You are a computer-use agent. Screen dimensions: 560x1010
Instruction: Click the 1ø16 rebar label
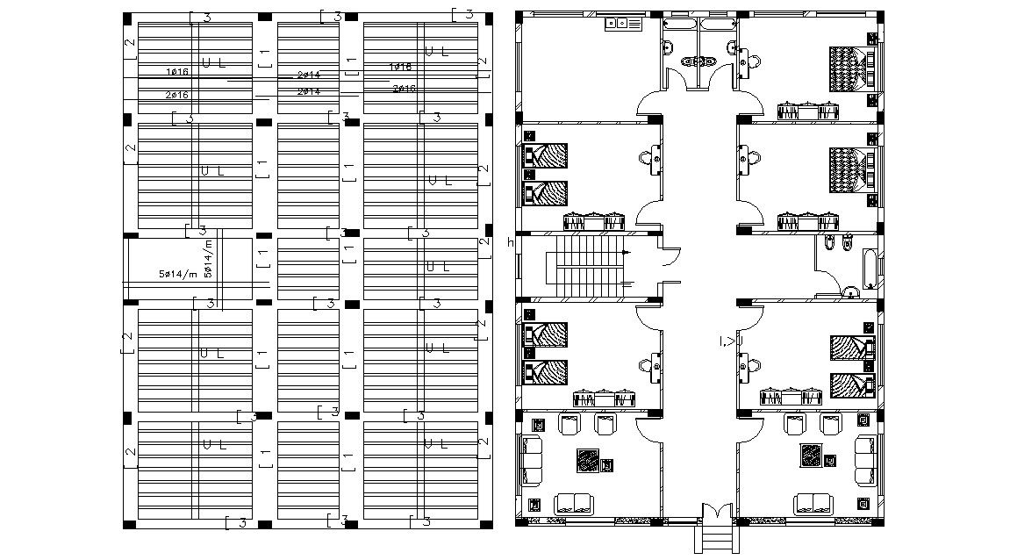(x=178, y=72)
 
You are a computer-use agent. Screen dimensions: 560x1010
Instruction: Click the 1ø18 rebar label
(x=400, y=67)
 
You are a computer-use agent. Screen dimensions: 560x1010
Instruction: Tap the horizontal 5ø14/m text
(x=177, y=275)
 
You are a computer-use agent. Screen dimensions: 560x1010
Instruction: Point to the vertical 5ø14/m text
(x=208, y=259)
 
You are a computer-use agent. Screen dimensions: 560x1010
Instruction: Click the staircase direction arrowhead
(x=625, y=253)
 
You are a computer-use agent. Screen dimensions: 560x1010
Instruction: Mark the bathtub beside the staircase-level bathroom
(x=869, y=269)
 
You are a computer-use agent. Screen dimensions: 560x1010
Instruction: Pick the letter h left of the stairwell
(x=511, y=243)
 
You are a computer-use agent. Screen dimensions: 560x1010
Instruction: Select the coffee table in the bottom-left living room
(x=588, y=460)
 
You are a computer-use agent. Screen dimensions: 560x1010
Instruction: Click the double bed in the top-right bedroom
(x=849, y=68)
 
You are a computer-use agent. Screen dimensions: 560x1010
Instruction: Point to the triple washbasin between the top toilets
(x=699, y=61)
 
